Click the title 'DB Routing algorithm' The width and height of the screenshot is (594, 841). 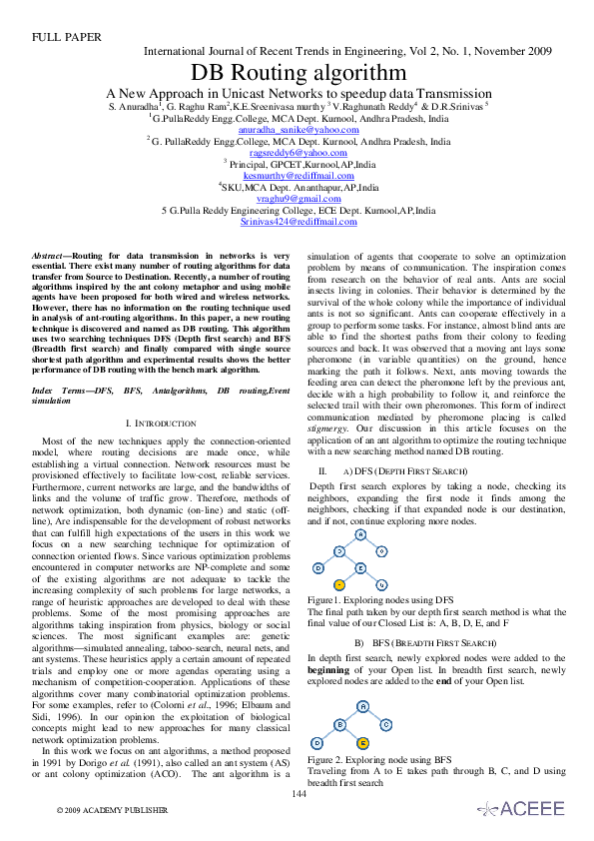click(x=297, y=73)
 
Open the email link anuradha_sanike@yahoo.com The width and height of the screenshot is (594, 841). click(x=297, y=130)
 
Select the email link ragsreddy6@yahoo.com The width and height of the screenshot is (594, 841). click(x=297, y=152)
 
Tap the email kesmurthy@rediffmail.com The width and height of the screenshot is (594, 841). click(x=297, y=175)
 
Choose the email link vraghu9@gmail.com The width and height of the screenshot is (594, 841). click(x=297, y=199)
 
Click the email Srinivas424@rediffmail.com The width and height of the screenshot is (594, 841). click(x=297, y=222)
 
